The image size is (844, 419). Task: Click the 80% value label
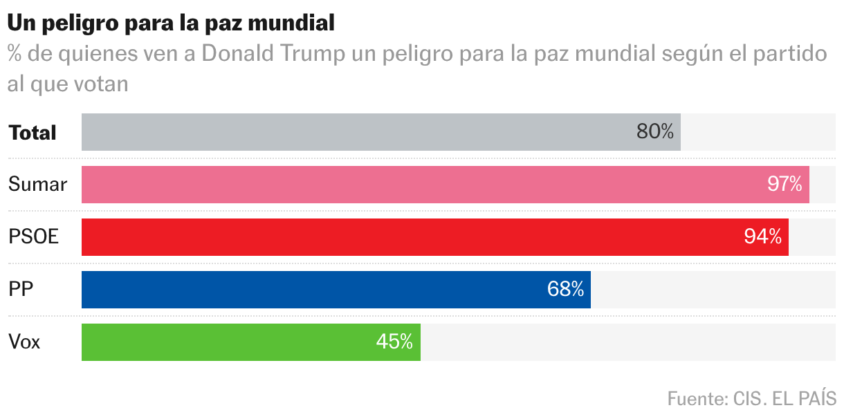654,132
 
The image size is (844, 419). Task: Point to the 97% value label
785,185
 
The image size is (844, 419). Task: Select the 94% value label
763,237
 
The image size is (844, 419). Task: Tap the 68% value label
565,290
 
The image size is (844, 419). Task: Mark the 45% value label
394,342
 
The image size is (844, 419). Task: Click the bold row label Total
33,133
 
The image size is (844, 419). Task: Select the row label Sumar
37,185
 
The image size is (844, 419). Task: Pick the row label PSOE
33,237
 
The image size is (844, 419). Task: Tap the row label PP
21,290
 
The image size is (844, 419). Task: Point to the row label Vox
24,342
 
